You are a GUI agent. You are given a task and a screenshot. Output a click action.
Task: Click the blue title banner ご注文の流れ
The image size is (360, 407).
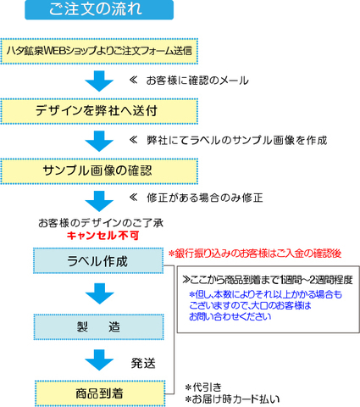point(99,9)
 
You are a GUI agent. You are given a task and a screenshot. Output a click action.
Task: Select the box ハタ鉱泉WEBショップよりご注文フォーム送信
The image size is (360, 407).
point(99,51)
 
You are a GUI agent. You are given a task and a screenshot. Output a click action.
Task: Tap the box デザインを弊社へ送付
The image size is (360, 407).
point(99,111)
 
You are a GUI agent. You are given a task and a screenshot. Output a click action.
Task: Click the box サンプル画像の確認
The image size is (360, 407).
point(99,171)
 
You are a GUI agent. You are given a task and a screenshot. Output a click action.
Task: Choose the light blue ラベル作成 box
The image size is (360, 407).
point(98,260)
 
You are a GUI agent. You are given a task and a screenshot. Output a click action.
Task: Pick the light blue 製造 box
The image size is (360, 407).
point(99,326)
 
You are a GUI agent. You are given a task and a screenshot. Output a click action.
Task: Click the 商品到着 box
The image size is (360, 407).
point(100,393)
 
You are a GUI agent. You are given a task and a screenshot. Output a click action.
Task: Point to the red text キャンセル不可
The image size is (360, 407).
point(102,236)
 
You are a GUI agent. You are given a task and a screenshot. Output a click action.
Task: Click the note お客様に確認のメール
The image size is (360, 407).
point(197,81)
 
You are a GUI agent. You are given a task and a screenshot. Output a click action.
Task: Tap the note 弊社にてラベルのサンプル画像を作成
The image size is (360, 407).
point(236,140)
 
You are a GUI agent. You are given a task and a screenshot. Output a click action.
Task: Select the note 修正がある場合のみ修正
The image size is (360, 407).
point(205,198)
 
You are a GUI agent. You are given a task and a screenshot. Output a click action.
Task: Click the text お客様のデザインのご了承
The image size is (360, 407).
point(101,223)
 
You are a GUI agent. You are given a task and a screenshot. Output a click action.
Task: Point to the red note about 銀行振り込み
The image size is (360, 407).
point(255,254)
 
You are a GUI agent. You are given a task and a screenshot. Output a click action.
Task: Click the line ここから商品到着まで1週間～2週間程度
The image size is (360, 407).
point(268,280)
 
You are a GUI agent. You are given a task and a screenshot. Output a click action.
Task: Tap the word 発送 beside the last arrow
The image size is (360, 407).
point(143,363)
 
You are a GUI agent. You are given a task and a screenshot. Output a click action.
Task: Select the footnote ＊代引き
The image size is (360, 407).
point(203,387)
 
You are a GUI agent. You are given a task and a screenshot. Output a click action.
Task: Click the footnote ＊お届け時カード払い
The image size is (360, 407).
point(232,399)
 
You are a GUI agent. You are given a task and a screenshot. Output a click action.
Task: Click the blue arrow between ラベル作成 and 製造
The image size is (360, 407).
point(99,294)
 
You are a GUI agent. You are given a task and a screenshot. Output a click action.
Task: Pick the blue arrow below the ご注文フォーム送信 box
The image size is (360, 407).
point(99,81)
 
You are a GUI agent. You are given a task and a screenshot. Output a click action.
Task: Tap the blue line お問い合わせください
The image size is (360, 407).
point(230,316)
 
